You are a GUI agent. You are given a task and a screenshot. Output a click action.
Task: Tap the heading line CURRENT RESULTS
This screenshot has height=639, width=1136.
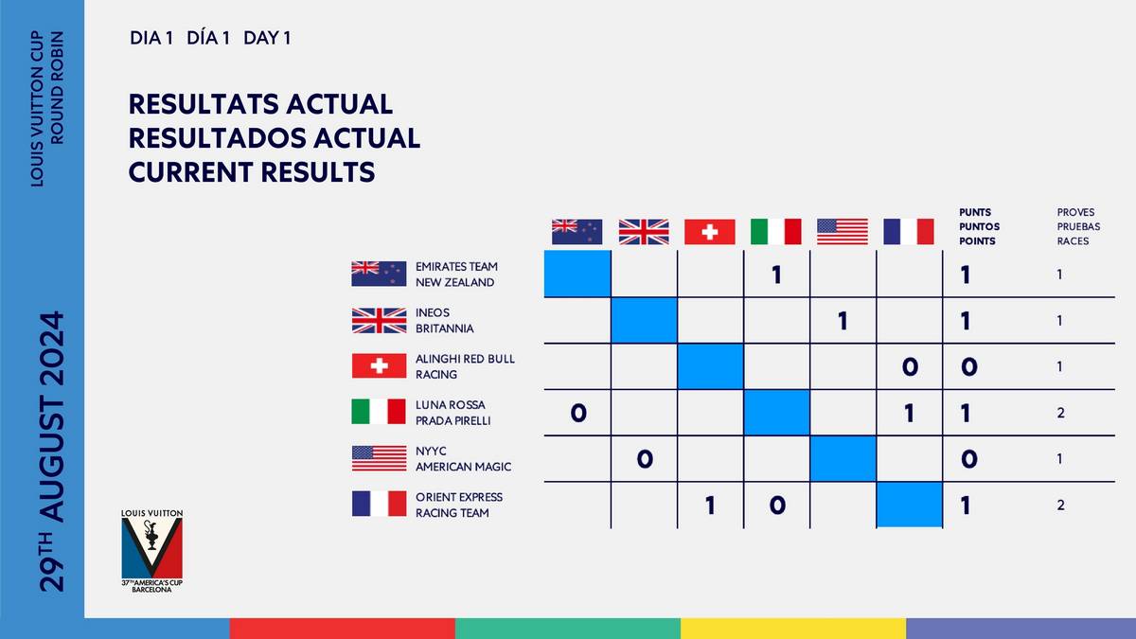[251, 172]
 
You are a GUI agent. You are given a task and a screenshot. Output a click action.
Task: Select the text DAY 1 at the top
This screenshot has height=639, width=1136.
[267, 39]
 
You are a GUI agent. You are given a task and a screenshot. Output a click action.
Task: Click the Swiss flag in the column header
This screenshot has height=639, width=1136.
[710, 232]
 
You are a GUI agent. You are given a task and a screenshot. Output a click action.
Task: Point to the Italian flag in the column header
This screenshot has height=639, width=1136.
[775, 232]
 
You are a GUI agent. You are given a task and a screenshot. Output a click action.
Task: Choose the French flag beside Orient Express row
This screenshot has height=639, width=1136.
[379, 505]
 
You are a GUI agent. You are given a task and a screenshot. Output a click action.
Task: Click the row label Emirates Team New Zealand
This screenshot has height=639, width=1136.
[456, 275]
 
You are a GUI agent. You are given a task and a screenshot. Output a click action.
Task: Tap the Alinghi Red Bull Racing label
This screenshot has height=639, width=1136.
[465, 366]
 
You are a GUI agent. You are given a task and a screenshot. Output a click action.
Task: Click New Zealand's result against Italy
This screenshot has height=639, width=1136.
[776, 275]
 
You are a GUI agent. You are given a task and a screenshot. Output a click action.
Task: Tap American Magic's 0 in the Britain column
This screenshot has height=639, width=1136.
[644, 459]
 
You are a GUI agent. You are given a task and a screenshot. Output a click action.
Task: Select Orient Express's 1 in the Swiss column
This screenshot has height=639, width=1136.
[710, 506]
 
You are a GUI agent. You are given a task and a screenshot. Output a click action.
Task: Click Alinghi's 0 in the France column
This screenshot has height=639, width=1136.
[909, 367]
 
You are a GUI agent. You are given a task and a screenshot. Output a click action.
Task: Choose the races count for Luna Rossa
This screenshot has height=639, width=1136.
[1061, 413]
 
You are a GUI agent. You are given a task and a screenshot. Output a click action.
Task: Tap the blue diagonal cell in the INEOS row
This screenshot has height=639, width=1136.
[644, 321]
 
